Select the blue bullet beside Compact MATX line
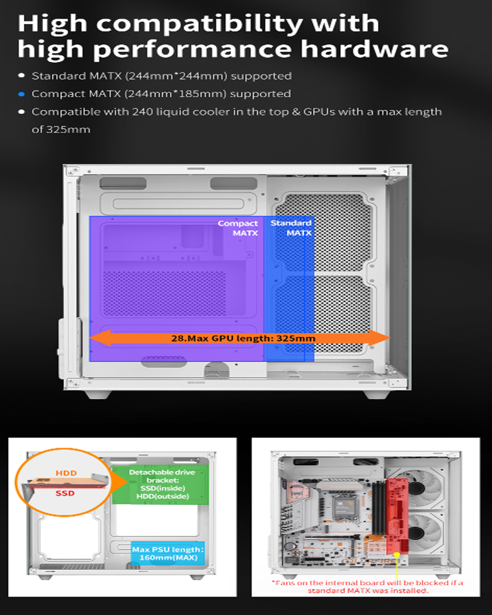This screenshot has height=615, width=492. coord(22,94)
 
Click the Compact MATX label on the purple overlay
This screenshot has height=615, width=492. coord(238,228)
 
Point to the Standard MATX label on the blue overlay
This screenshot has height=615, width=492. coord(291,228)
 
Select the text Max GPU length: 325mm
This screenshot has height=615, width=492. coord(243,338)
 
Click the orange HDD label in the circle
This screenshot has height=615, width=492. coord(66,473)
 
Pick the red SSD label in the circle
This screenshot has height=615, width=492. coord(66,493)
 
